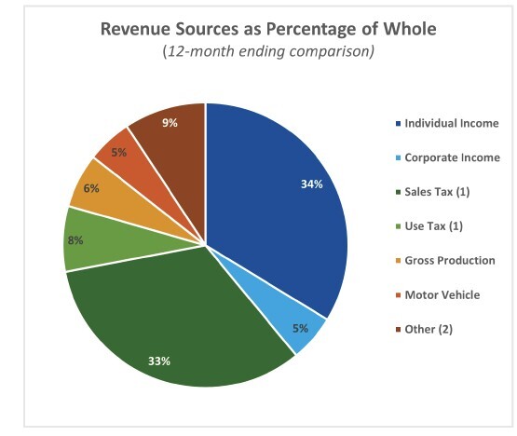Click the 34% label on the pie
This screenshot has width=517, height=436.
coord(311,184)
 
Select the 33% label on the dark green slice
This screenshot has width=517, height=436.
coord(159,361)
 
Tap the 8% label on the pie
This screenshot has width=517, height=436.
coord(75,240)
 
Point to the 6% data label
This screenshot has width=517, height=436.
coord(90,188)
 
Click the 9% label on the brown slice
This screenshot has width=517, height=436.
coord(170,123)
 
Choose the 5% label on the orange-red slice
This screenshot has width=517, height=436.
coord(118,152)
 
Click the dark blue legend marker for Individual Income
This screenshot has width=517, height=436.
coord(396,124)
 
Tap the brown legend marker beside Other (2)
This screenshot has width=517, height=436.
coord(396,329)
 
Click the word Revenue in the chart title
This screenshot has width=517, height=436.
coord(136,29)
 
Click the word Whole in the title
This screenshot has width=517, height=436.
coord(410,29)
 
